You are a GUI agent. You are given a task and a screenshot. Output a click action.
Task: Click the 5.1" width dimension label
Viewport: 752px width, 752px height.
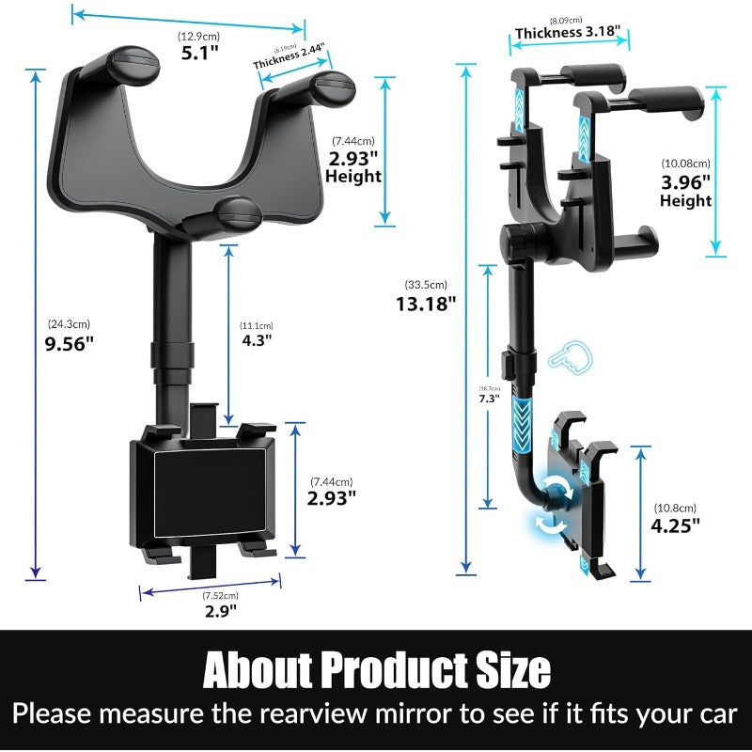point(199,53)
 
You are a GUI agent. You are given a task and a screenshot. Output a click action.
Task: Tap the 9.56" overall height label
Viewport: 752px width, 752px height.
point(70,343)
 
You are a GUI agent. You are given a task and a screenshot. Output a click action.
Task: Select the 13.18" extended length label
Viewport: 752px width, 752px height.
point(427,303)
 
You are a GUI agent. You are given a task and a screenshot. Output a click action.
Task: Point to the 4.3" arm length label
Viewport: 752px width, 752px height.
point(256,339)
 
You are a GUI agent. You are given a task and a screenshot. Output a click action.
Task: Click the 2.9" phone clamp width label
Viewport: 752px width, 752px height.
point(222,610)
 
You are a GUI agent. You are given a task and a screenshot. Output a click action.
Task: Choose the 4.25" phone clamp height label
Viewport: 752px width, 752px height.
point(677,525)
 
